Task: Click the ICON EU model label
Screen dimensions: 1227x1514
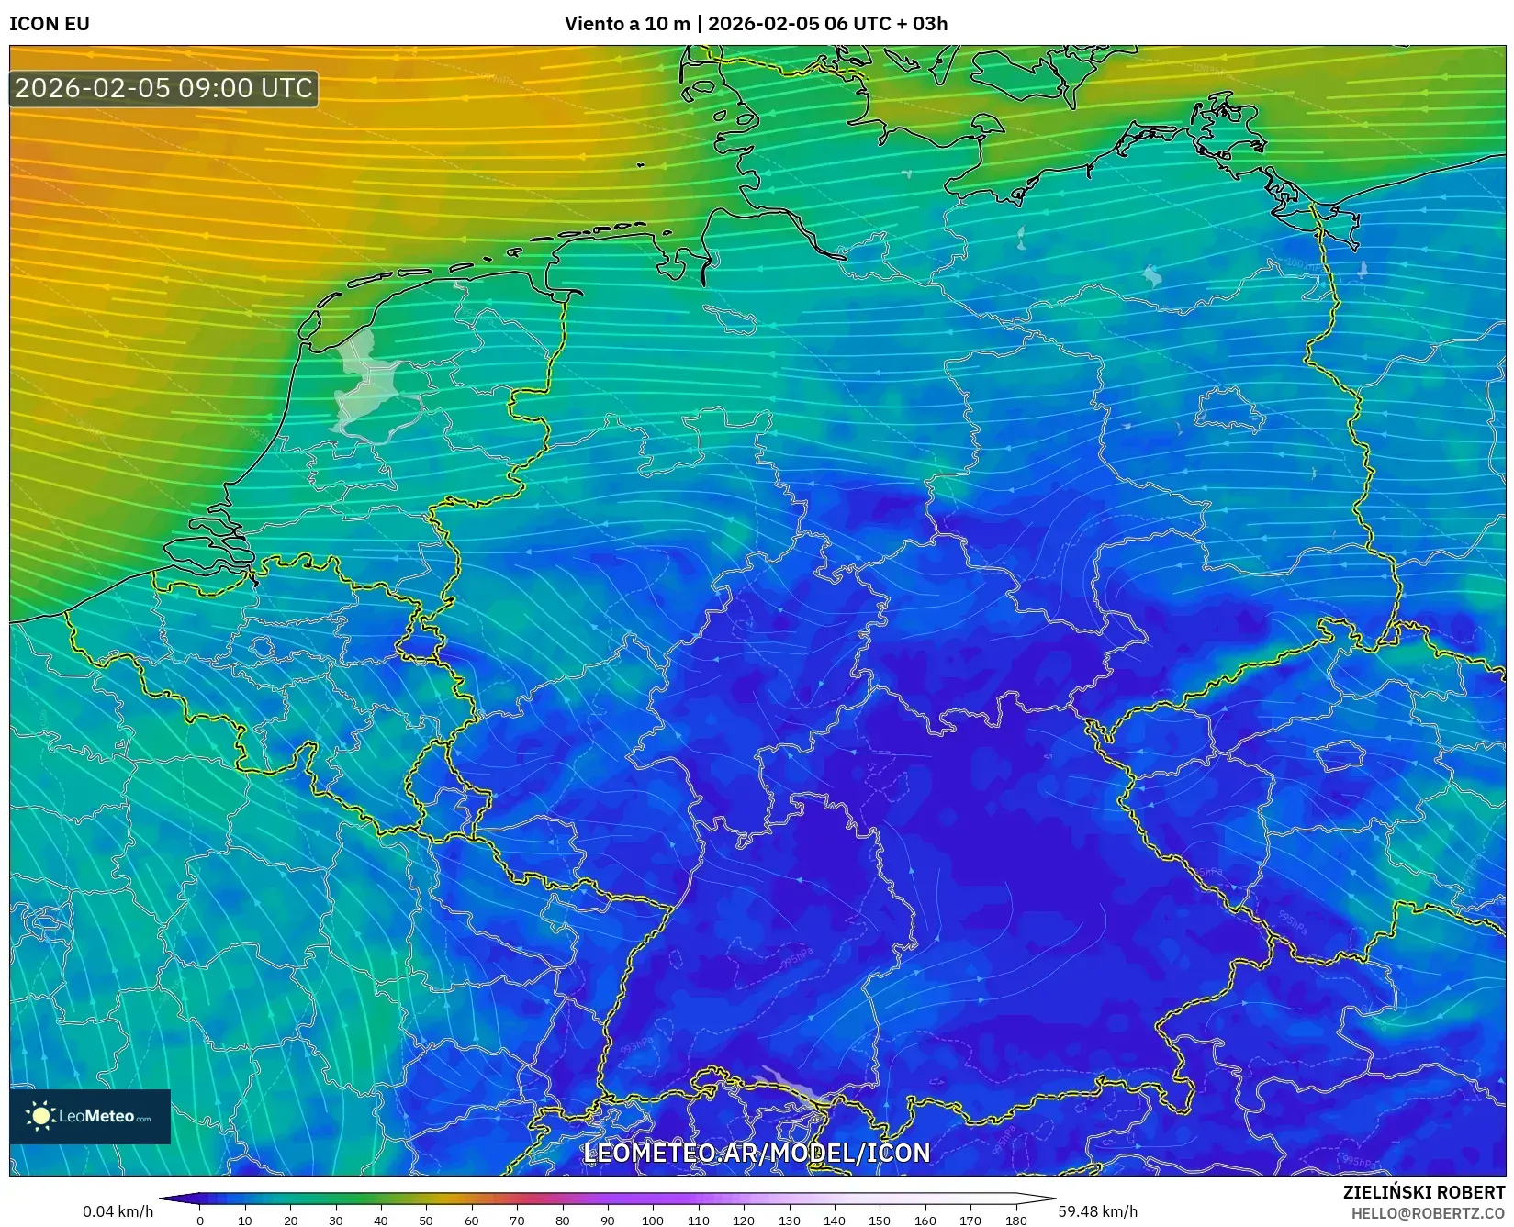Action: [50, 24]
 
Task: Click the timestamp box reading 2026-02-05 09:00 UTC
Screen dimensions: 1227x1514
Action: [163, 88]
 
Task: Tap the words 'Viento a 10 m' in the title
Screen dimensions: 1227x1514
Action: [626, 24]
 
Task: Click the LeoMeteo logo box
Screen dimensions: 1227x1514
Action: [90, 1116]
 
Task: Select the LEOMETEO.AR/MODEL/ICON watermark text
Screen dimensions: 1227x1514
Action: [757, 1153]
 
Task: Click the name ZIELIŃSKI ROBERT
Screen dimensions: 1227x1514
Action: [1423, 1192]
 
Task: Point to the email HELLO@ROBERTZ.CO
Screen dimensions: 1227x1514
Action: [1427, 1213]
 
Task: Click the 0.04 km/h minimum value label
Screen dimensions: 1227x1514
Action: [118, 1211]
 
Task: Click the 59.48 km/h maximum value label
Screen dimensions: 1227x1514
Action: [1097, 1211]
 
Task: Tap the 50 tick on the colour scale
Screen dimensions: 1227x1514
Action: [426, 1220]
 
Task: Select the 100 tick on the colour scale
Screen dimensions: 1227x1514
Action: [652, 1220]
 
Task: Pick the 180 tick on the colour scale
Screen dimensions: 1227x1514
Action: [1015, 1220]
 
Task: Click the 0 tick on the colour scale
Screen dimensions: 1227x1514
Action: [200, 1220]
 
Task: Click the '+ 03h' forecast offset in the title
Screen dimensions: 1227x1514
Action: [923, 24]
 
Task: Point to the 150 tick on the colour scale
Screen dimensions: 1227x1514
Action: [880, 1220]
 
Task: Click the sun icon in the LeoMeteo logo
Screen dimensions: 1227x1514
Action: [41, 1116]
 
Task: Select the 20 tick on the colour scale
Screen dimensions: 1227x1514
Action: [290, 1220]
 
